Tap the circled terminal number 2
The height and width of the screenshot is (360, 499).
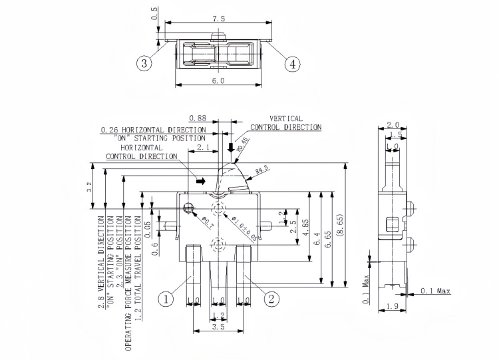pos(271,299)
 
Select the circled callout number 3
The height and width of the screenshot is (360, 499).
pos(145,64)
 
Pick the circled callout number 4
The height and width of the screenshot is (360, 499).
pos(292,64)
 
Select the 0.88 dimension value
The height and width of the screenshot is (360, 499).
pos(197,118)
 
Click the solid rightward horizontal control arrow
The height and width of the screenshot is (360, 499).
pos(202,180)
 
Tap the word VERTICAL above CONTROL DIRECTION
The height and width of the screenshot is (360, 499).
pos(285,118)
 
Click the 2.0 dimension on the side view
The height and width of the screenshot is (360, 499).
pos(393,125)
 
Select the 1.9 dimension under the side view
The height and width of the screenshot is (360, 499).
pos(393,307)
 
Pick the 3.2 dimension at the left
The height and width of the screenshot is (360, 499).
pos(90,188)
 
